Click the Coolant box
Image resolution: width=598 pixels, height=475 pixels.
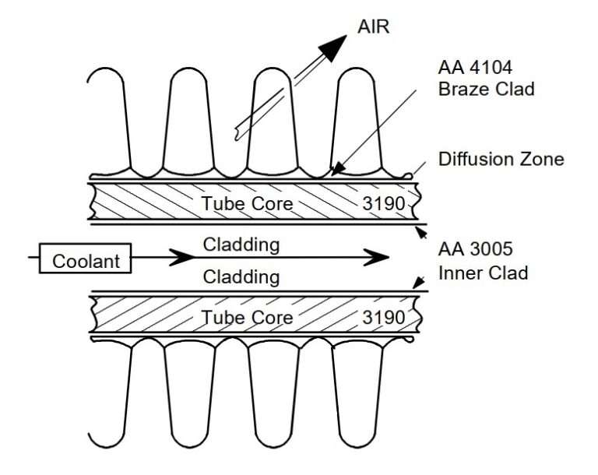[87, 260]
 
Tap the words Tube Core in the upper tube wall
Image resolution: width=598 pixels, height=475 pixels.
[248, 204]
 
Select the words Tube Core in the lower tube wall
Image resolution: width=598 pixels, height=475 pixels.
[248, 317]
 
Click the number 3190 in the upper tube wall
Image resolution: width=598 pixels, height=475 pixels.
[383, 204]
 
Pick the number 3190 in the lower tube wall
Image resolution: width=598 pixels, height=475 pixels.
[383, 317]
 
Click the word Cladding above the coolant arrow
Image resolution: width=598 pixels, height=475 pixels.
[241, 245]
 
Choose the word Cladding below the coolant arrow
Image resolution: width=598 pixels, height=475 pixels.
[241, 277]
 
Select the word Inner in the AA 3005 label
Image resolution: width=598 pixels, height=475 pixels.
[459, 273]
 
